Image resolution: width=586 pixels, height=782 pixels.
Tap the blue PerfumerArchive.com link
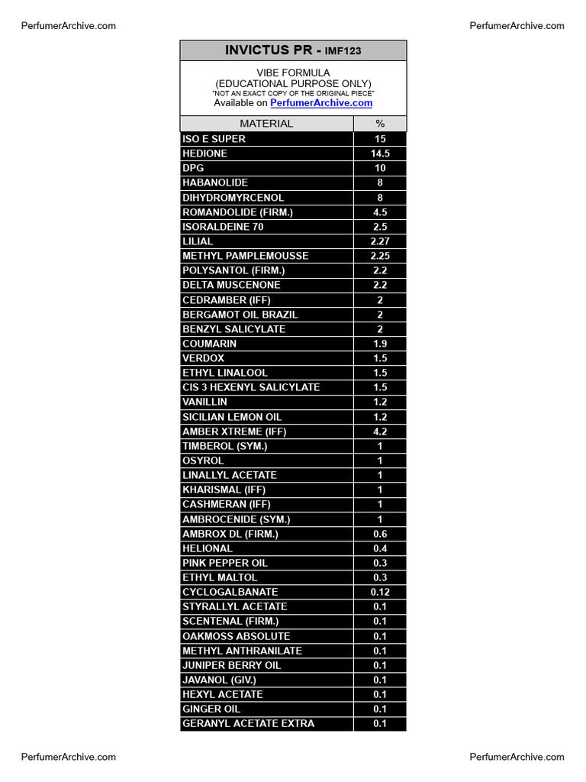(321, 103)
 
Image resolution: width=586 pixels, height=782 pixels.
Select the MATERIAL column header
(266, 124)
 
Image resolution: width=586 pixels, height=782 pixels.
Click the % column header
(380, 124)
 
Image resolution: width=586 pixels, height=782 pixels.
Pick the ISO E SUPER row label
(214, 139)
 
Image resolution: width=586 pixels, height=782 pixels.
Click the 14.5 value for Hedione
(380, 153)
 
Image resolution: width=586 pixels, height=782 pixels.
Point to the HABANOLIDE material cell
(215, 183)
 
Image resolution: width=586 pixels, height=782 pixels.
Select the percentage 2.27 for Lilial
(380, 241)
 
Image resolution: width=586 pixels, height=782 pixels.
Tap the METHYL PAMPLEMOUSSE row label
(246, 256)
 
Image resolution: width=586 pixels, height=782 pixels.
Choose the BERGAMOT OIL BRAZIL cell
(240, 315)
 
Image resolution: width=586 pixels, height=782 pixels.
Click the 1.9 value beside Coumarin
(380, 344)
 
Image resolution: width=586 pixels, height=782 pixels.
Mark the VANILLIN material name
(204, 402)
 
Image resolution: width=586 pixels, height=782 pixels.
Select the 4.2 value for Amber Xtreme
(380, 431)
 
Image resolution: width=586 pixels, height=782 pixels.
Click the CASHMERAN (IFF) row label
(227, 504)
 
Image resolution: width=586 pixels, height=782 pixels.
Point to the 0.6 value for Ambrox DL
(380, 534)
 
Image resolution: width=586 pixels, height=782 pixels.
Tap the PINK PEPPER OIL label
(225, 563)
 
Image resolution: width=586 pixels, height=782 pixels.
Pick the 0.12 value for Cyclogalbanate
(380, 592)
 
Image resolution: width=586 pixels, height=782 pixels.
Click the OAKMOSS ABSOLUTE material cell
(237, 636)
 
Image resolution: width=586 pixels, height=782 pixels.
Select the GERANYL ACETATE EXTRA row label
(248, 723)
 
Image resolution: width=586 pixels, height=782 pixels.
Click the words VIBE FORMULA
(293, 73)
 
